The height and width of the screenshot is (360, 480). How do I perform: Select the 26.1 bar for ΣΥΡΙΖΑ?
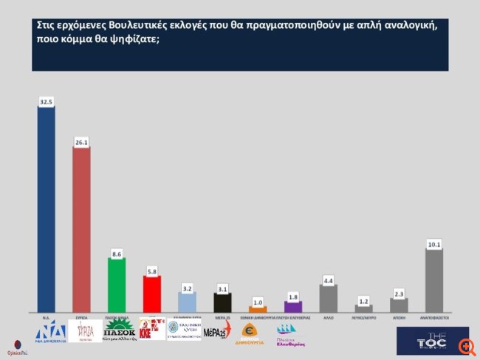pyautogui.click(x=81, y=229)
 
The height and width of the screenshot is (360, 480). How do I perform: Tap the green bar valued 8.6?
pyautogui.click(x=117, y=285)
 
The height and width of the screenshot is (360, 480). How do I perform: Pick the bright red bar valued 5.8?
pyautogui.click(x=151, y=293)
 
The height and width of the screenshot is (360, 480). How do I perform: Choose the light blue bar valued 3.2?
pyautogui.click(x=188, y=302)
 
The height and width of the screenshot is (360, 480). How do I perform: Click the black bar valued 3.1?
pyautogui.click(x=222, y=302)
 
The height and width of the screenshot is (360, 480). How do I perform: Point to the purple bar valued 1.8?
pyautogui.click(x=293, y=306)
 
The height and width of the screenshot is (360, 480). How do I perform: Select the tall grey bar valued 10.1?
pyautogui.click(x=434, y=280)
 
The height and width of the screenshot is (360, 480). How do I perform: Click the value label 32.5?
pyautogui.click(x=46, y=101)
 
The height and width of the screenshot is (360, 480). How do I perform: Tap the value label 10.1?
pyautogui.click(x=434, y=244)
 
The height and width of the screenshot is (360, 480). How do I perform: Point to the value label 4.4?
pyautogui.click(x=329, y=279)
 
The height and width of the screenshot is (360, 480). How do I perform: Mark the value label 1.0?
pyautogui.click(x=258, y=302)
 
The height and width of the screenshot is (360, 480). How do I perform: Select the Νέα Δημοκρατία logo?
pyautogui.click(x=50, y=331)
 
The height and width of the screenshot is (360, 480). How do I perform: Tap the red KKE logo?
pyautogui.click(x=152, y=329)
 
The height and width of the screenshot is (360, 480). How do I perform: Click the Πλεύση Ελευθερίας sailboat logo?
pyautogui.click(x=291, y=335)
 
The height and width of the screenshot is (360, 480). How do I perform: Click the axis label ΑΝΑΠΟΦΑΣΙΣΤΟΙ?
pyautogui.click(x=434, y=316)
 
